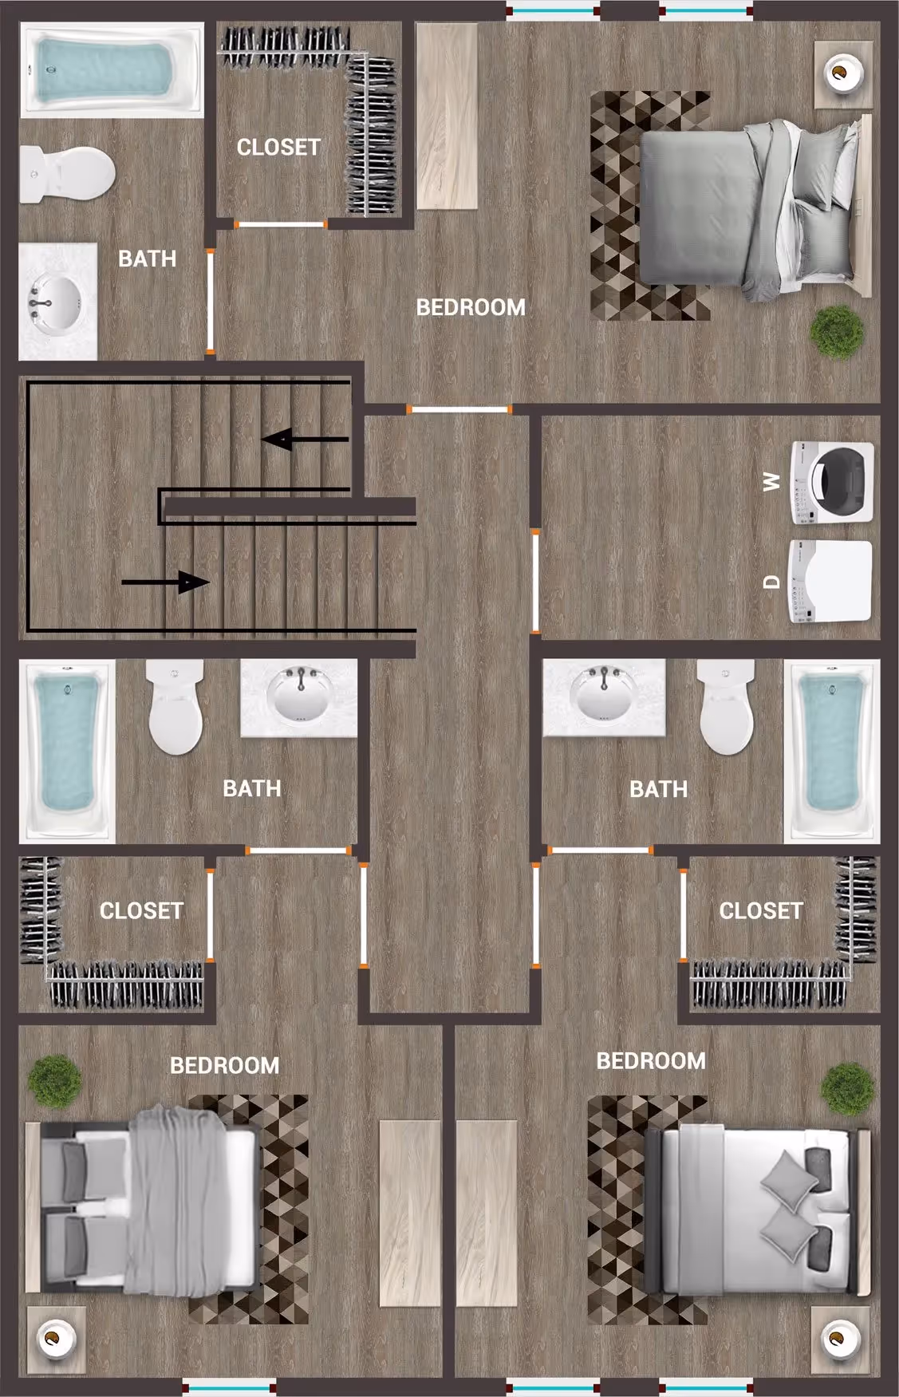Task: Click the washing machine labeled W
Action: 831,483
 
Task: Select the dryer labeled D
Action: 830,581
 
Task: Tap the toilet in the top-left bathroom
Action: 67,174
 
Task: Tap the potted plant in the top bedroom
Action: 837,332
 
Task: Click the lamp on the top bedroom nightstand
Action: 840,74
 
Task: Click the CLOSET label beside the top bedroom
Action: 278,148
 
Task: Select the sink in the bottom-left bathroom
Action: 301,696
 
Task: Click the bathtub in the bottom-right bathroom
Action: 833,750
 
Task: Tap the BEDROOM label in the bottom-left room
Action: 224,1065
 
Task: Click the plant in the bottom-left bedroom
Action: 54,1081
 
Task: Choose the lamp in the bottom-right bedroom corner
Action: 839,1336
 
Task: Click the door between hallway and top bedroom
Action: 459,409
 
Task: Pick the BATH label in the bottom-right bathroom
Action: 658,789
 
